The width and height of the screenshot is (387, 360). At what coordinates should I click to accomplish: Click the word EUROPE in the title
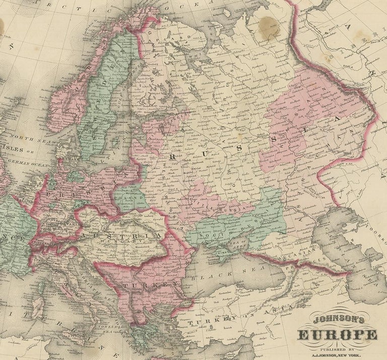[338, 335]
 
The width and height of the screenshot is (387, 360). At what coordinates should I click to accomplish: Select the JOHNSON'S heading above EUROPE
[338, 320]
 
